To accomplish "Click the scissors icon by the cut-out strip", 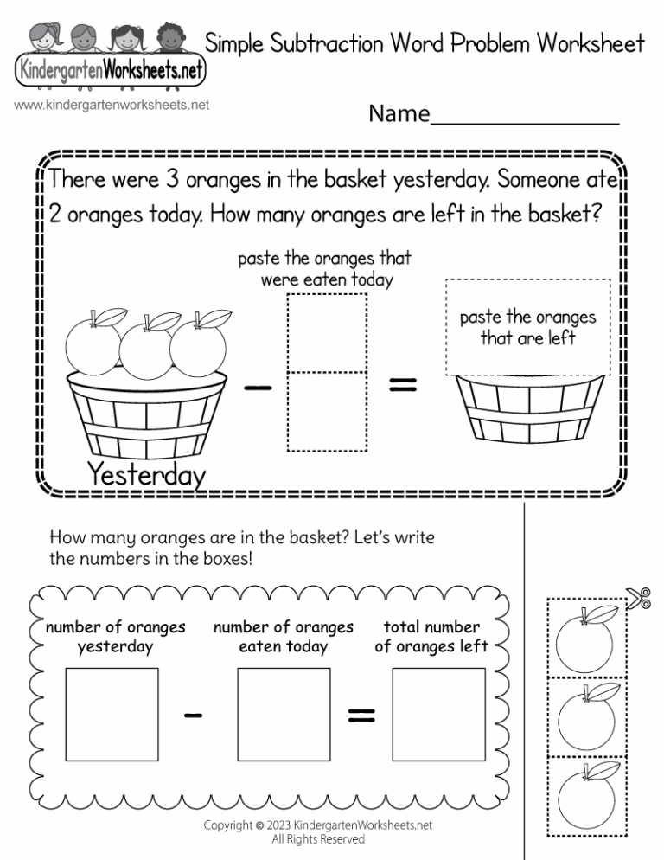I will coord(640,597).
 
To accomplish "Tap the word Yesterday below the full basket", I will coord(146,475).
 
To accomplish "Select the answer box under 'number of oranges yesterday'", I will coord(112,712).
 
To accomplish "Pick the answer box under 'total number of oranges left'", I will coord(437,712).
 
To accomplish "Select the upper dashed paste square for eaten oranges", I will coord(328,333).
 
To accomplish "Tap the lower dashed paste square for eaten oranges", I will coord(328,411).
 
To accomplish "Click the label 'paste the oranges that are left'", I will coord(527,328).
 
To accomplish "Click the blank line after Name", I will coord(524,119).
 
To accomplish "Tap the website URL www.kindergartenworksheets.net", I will coord(112,106).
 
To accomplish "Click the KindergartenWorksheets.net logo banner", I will coord(110,70).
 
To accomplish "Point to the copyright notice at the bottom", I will coord(317,831).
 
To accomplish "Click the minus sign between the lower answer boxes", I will coord(194,715).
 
